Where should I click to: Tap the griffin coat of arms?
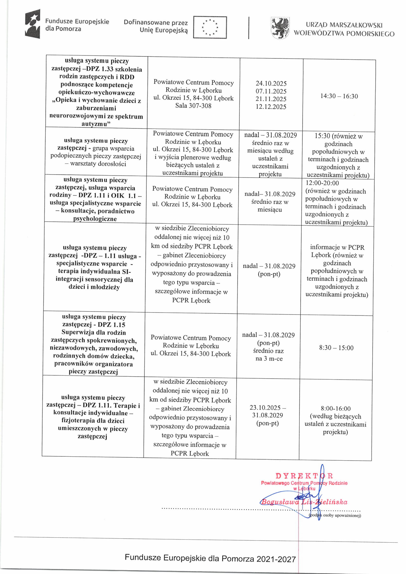coord(280,28)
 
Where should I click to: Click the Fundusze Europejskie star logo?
coord(33,24)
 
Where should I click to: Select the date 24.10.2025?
coord(271,83)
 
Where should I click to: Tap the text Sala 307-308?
coord(193,106)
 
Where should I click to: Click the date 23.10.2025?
coord(265,407)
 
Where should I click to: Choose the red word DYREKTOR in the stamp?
coord(304,476)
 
